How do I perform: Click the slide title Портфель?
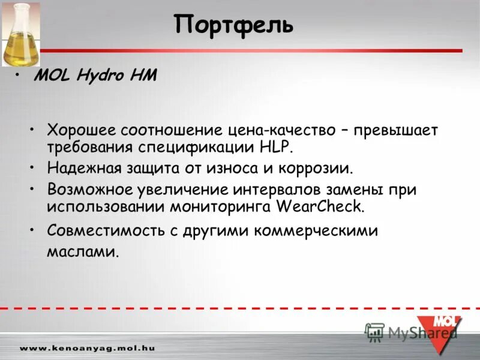click(234, 25)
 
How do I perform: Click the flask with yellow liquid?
click(20, 36)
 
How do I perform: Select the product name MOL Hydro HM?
click(95, 75)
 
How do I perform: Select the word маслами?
click(83, 251)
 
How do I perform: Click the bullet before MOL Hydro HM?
click(20, 75)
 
